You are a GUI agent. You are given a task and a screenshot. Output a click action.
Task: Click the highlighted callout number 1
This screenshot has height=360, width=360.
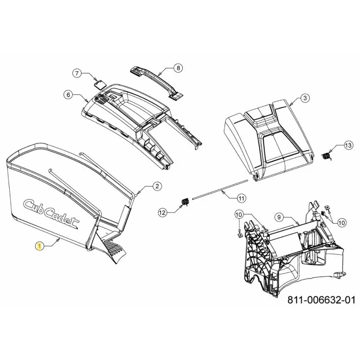tap(40, 247)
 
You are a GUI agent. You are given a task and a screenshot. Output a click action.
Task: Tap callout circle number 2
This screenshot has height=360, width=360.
tap(157, 186)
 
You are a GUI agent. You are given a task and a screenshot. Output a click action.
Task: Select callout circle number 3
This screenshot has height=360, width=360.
tap(305, 98)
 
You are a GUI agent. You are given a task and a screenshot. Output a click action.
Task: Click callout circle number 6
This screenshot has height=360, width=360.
tap(68, 95)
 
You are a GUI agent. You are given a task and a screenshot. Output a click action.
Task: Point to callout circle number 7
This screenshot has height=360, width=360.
tap(77, 73)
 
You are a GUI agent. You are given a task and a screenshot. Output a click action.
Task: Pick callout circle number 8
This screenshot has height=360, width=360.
tap(178, 68)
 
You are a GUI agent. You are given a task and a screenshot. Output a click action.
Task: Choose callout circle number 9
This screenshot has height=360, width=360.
tap(279, 217)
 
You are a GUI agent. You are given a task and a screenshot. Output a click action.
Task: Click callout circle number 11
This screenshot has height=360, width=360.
tap(241, 198)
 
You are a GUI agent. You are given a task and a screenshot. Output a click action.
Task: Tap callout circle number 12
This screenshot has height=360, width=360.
tap(162, 213)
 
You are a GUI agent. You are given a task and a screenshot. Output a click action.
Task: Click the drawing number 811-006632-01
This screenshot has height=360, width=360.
tap(321, 300)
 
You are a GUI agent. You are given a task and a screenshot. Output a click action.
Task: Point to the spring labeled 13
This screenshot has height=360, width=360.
tap(327, 156)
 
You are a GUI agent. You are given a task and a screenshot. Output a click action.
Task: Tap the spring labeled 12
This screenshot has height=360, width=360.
tap(185, 202)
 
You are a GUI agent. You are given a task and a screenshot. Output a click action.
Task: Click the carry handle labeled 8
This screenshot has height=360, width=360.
tap(156, 83)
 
